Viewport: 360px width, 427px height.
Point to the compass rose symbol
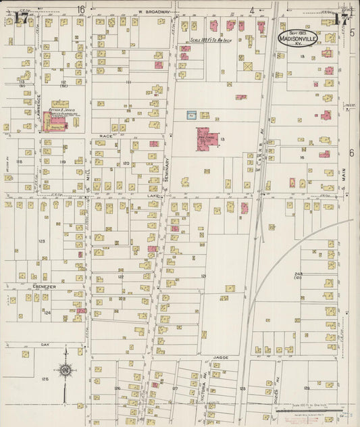click(66, 369)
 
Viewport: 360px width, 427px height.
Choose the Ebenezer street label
click(44, 286)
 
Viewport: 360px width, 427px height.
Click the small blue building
click(191, 116)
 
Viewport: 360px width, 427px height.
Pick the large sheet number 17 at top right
click(340, 18)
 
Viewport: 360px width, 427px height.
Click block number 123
click(42, 241)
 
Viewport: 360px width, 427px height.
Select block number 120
click(126, 164)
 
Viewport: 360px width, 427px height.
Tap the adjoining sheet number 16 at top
click(81, 9)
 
